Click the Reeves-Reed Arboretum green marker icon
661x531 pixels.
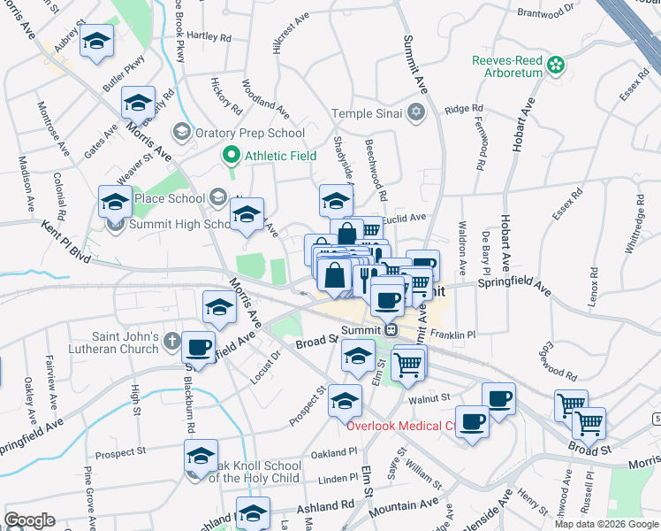[556, 64]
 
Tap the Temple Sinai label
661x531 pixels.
[367, 113]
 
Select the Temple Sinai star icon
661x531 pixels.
[416, 112]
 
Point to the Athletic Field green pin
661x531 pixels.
[232, 157]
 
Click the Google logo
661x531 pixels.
[29, 520]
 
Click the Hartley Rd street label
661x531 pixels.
[209, 37]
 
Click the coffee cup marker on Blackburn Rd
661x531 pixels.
[199, 347]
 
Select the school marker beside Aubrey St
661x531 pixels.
[96, 41]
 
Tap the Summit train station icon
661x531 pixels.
[393, 329]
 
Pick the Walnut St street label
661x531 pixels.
[430, 399]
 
